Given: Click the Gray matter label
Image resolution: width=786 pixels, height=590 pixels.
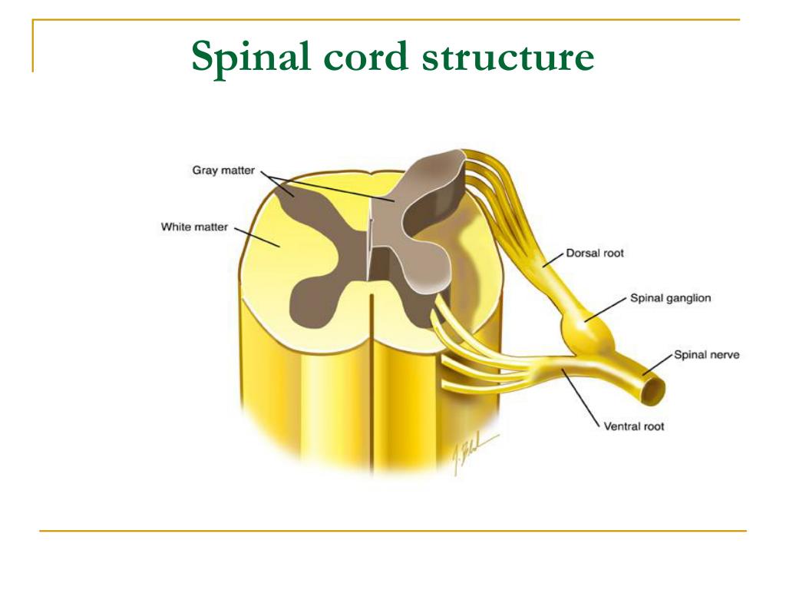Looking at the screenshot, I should pyautogui.click(x=223, y=170).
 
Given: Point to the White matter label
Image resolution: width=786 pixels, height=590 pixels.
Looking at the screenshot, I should pyautogui.click(x=194, y=227).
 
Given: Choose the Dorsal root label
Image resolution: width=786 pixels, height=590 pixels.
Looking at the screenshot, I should pyautogui.click(x=595, y=253).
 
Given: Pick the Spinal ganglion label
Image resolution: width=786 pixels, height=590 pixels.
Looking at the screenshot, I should pyautogui.click(x=670, y=298).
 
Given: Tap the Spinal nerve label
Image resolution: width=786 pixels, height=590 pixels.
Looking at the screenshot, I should pyautogui.click(x=706, y=355).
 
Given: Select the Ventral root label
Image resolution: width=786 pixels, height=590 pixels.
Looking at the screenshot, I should pyautogui.click(x=634, y=426).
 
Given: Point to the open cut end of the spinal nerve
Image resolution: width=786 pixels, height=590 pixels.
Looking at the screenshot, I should pyautogui.click(x=651, y=390).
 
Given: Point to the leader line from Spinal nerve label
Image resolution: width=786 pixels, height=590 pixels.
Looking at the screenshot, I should pyautogui.click(x=659, y=366).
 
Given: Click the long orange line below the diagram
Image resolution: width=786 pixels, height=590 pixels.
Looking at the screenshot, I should pyautogui.click(x=392, y=530).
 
